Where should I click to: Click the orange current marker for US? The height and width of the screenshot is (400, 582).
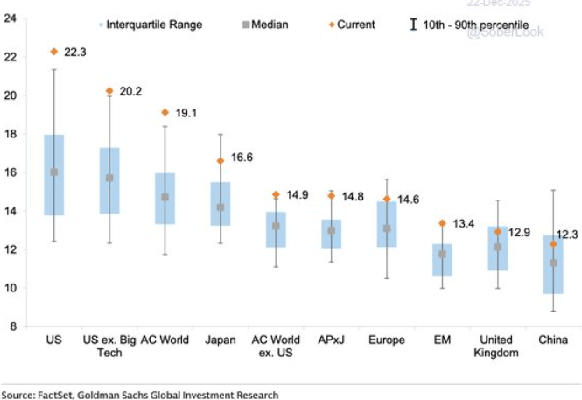click(54, 52)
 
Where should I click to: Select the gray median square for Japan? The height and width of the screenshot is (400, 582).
click(220, 207)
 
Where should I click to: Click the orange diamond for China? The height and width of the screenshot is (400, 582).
click(552, 243)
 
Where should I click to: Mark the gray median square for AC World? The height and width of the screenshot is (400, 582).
click(165, 197)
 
